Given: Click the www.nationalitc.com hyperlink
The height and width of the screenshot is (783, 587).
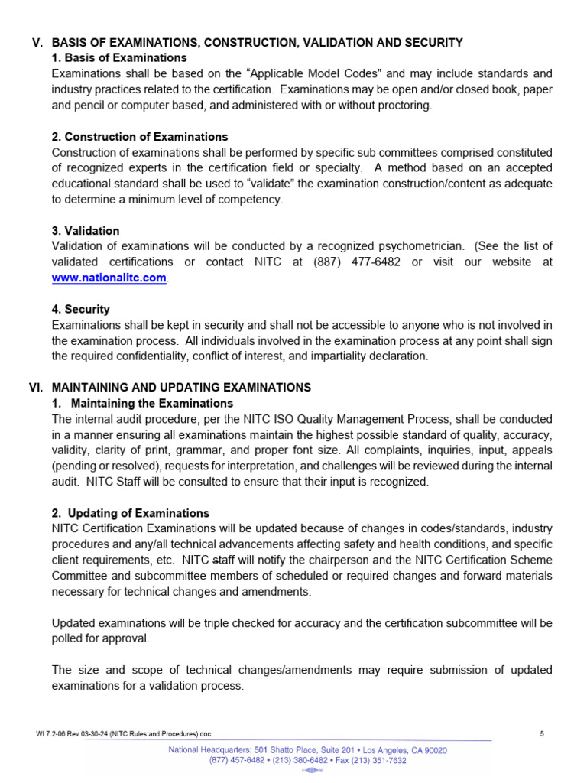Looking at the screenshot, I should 109,278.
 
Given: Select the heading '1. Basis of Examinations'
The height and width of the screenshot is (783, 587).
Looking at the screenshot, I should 119,58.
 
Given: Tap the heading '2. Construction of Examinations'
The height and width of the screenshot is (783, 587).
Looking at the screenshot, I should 140,137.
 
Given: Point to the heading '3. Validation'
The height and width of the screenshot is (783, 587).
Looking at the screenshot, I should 86,231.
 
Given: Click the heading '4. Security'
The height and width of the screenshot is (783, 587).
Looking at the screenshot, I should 81,310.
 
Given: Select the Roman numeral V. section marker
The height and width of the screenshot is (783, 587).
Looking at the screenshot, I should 35,42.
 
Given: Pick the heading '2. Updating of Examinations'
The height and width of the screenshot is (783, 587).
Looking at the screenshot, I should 131,513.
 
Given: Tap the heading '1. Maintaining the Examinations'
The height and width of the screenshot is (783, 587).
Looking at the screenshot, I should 143,404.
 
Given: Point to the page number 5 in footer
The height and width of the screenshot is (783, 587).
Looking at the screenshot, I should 542,734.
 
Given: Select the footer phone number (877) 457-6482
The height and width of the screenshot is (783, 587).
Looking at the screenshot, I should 242,761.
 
